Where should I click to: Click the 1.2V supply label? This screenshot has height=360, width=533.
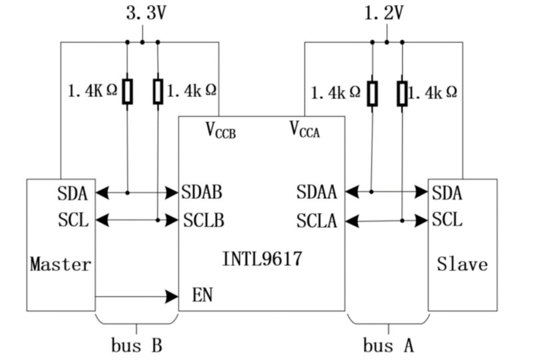384,13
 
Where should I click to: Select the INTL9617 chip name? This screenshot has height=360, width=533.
262,258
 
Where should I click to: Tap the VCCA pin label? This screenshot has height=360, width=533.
304,128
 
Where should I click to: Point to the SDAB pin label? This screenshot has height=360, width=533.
202,193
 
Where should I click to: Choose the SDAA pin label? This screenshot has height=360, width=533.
317,193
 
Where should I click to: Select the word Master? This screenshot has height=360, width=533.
61,264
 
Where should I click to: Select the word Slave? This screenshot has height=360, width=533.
462,264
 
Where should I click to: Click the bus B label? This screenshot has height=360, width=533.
136,346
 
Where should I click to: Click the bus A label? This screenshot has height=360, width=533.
389,346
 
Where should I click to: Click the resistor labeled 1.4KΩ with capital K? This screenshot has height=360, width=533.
128,91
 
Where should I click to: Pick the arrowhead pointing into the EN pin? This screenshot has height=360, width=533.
171,295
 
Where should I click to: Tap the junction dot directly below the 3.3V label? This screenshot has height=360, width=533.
142,43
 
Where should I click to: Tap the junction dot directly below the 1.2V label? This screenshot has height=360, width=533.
387,43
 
